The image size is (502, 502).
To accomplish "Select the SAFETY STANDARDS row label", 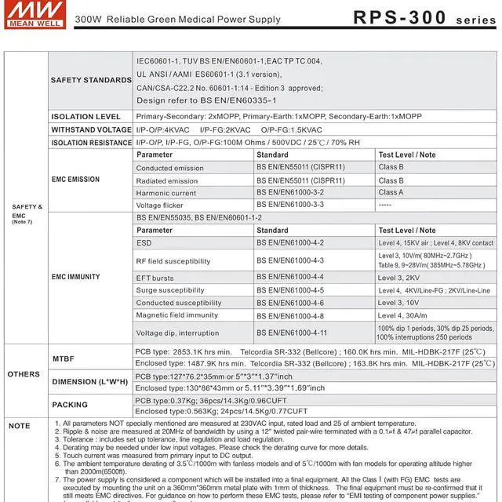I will click(91, 80).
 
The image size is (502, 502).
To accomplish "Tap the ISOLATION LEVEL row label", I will click(85, 116).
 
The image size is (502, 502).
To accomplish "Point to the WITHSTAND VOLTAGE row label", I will click(91, 129).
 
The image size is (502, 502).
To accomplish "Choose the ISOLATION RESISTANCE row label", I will click(91, 143).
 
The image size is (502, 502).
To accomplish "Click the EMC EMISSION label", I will click(75, 180).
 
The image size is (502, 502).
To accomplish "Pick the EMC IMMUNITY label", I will click(75, 277).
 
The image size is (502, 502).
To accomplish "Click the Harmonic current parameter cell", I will click(166, 193).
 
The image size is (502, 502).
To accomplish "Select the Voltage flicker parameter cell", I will click(160, 206).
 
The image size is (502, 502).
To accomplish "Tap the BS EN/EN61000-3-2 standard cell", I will click(289, 193).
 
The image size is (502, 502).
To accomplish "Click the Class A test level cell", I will click(391, 192).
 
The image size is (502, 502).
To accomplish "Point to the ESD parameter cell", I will click(144, 243).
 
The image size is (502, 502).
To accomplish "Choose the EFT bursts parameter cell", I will click(155, 278).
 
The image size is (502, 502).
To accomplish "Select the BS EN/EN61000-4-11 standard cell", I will click(292, 333).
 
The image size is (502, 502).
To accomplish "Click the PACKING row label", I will click(69, 406).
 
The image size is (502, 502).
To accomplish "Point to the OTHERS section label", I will click(24, 374).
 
